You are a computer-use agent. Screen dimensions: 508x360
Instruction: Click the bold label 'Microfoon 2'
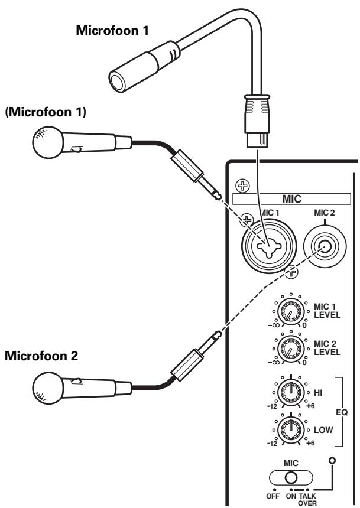point(40,357)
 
